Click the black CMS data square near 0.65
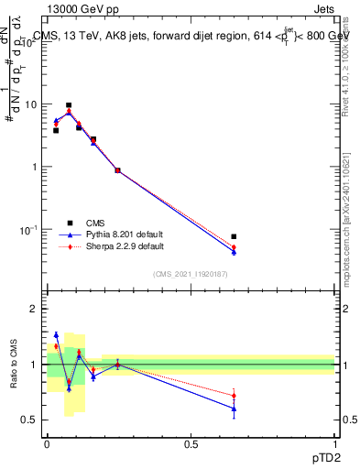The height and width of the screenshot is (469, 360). tap(234, 236)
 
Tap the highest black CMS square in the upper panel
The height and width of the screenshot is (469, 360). tap(69, 105)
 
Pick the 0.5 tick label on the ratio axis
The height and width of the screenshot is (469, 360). tap(29, 420)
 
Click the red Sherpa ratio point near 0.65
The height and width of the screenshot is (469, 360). tap(234, 396)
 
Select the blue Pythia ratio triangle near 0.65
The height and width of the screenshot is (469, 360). tap(234, 409)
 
